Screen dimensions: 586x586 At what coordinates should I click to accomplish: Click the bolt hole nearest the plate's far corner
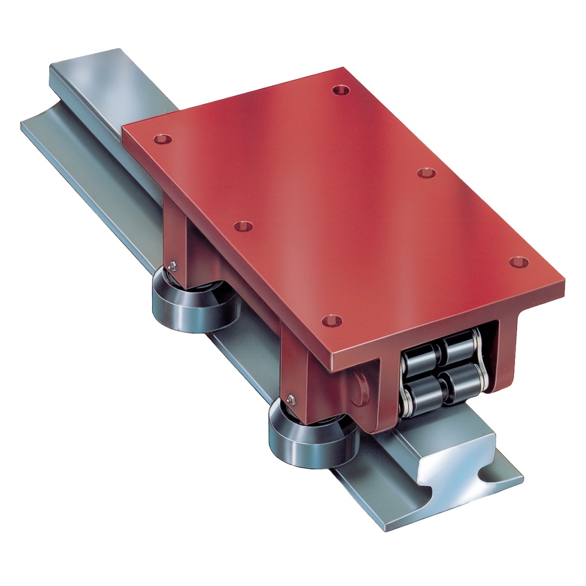[x=340, y=90]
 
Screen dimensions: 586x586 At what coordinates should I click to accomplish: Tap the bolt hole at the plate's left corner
[x=160, y=139]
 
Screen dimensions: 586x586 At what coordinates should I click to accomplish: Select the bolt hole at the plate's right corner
[x=518, y=263]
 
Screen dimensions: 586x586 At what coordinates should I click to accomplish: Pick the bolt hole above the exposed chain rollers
[x=331, y=321]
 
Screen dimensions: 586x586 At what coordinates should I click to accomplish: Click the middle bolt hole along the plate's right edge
[x=427, y=173]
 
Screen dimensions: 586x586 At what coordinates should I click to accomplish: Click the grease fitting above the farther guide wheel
[x=173, y=265]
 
